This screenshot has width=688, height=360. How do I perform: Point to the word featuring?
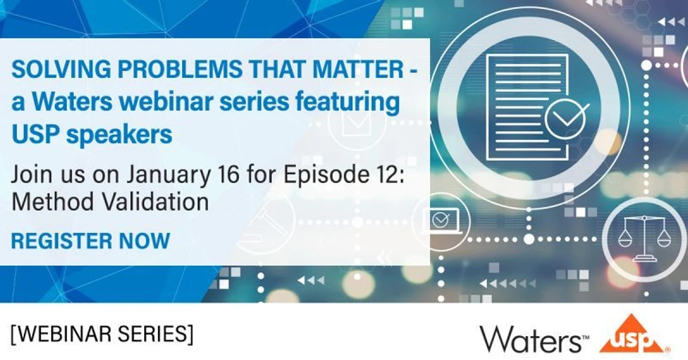pos(351,103)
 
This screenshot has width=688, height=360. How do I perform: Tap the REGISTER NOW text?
pos(91,240)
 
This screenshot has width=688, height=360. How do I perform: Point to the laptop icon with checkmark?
pos(440,221)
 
